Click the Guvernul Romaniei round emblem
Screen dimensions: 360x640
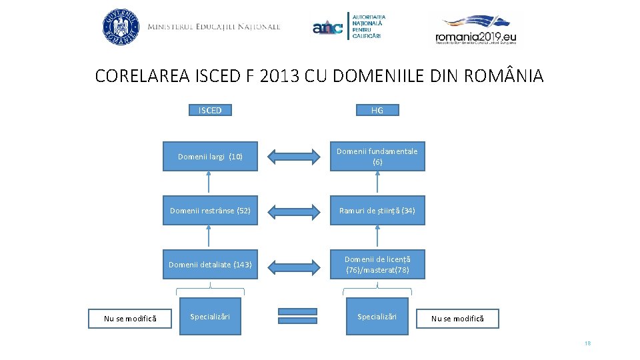121,27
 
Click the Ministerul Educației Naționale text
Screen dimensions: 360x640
213,27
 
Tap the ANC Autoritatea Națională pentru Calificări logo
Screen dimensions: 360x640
350,27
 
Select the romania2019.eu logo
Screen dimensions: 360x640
476,29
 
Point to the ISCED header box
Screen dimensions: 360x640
210,110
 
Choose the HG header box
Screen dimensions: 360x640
377,110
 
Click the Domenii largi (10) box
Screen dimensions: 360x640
210,157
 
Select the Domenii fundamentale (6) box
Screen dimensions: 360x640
377,157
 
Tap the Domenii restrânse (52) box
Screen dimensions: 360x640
210,211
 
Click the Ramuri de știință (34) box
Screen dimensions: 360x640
377,211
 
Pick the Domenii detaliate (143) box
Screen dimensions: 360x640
210,265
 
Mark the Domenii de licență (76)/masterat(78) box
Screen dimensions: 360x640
377,265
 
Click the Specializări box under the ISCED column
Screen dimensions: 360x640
210,316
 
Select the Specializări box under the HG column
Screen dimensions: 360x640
377,316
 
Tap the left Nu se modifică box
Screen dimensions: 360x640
130,319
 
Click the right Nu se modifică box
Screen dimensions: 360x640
457,319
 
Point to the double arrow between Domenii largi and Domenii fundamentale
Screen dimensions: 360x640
294,157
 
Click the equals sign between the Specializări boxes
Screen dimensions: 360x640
297,316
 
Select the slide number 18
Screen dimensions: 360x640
587,343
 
